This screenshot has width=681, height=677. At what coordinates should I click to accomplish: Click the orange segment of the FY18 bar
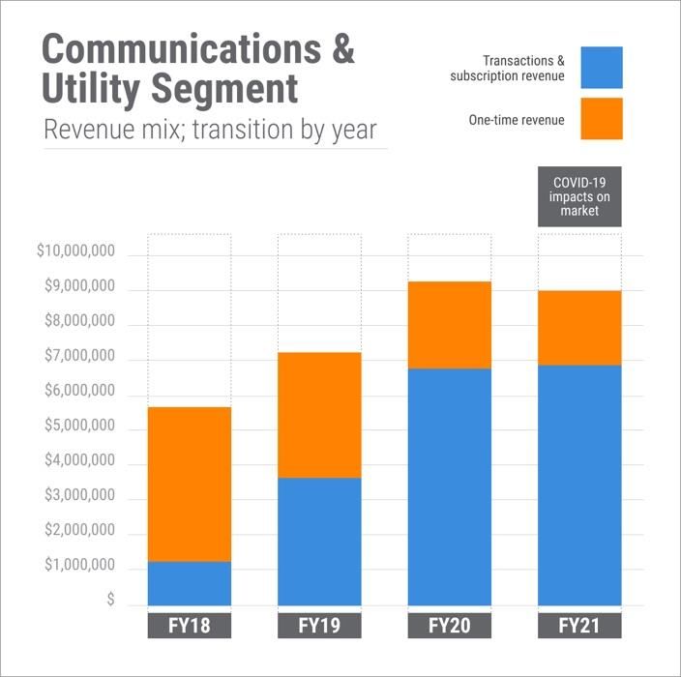(x=189, y=484)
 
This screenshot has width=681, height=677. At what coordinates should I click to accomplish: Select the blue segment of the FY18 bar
(x=189, y=583)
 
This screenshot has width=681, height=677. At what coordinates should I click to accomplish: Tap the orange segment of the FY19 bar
(x=319, y=415)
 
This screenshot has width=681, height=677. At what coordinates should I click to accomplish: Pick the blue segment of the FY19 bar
(x=319, y=542)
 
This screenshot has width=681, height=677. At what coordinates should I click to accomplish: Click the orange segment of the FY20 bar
(x=450, y=325)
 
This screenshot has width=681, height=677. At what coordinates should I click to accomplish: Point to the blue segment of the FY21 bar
(x=579, y=485)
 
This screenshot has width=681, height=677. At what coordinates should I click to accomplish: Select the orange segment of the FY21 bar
(x=579, y=328)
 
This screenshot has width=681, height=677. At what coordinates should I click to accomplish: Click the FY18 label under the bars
(x=189, y=626)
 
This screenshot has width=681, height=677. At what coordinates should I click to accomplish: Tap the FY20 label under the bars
(x=450, y=626)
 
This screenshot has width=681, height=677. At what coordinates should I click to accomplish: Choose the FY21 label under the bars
(x=579, y=626)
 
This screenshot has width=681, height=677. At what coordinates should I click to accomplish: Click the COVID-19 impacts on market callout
(x=579, y=197)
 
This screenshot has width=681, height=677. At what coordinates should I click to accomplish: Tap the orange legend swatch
(x=602, y=119)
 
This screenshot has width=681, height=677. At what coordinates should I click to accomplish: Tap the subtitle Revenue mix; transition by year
(x=210, y=130)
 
